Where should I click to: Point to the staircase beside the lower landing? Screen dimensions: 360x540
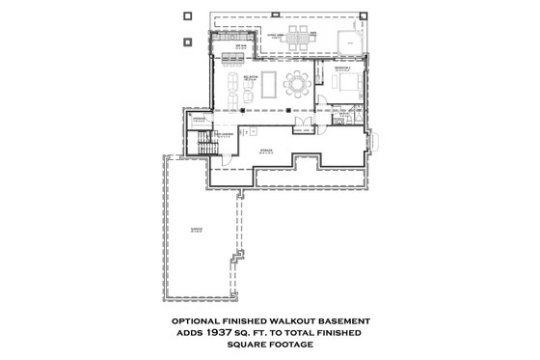[202, 145]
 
